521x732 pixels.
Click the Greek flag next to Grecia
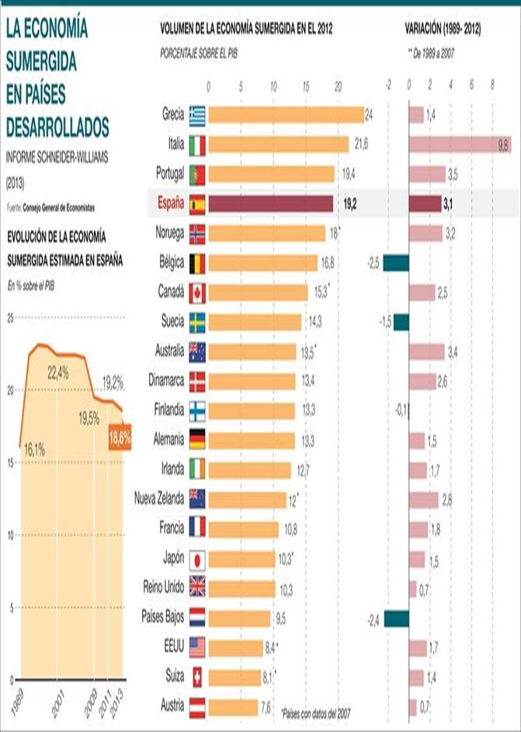pyautogui.click(x=197, y=116)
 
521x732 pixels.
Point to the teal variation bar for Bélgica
pyautogui.click(x=395, y=263)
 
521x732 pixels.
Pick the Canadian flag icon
pyautogui.click(x=197, y=293)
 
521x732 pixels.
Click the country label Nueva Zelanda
pyautogui.click(x=159, y=498)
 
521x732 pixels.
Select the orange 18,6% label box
pyautogui.click(x=120, y=439)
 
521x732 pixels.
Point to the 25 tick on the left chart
pyautogui.click(x=10, y=318)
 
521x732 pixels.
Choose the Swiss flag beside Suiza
pyautogui.click(x=197, y=678)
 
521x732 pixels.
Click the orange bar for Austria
pyautogui.click(x=234, y=708)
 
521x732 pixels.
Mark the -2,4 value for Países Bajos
pyautogui.click(x=373, y=619)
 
